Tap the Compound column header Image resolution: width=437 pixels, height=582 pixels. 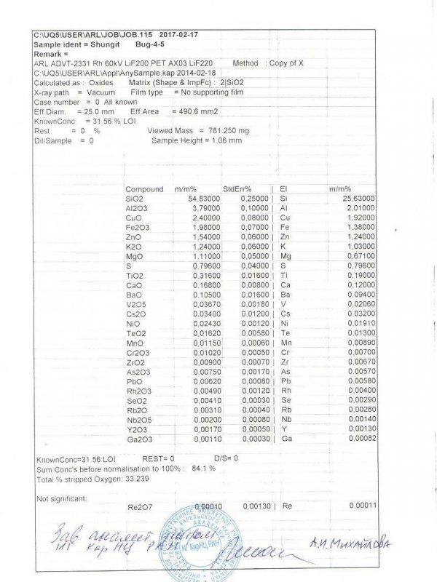[144, 189]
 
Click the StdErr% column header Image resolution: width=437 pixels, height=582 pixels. [237, 189]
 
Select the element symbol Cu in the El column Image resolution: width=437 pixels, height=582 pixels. [285, 218]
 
